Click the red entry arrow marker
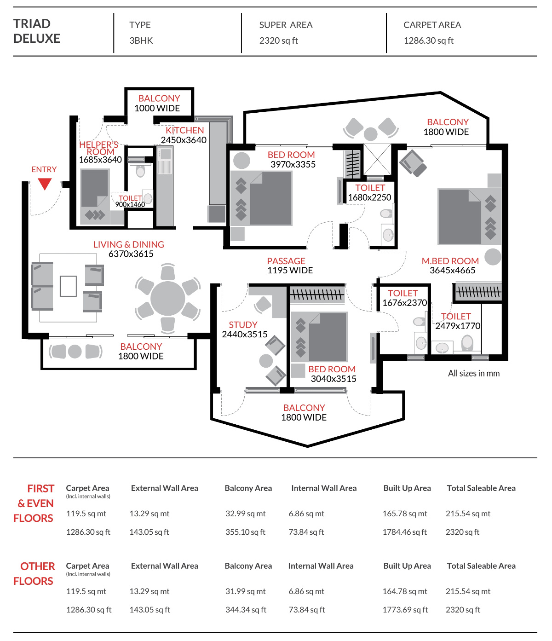pyautogui.click(x=45, y=184)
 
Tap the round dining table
pyautogui.click(x=168, y=298)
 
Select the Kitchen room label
pyautogui.click(x=185, y=130)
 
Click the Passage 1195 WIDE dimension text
pyautogui.click(x=290, y=271)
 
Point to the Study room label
pyautogui.click(x=243, y=325)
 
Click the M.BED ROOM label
pyautogui.click(x=450, y=261)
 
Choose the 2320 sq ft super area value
pyautogui.click(x=279, y=40)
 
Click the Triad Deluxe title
pyautogui.click(x=37, y=31)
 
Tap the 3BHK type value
pyautogui.click(x=141, y=40)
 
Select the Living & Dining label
pyautogui.click(x=129, y=244)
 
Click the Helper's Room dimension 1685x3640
pyautogui.click(x=100, y=160)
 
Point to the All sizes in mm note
pyautogui.click(x=474, y=373)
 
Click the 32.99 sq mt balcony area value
pyautogui.click(x=246, y=514)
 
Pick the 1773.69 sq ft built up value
pyautogui.click(x=405, y=610)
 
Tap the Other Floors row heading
pyautogui.click(x=34, y=574)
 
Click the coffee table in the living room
pyautogui.click(x=68, y=286)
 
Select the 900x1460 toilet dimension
pyautogui.click(x=130, y=205)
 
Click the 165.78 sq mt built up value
pyautogui.click(x=405, y=514)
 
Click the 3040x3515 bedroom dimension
pyautogui.click(x=333, y=379)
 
